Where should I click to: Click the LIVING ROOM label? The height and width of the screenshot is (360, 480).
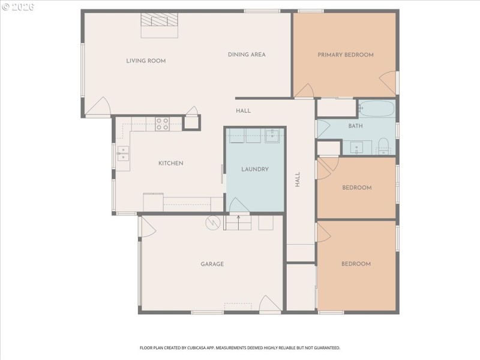(146, 61)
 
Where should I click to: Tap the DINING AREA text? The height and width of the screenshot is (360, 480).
(247, 55)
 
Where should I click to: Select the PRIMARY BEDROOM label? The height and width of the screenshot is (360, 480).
(346, 55)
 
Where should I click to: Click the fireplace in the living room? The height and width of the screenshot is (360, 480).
(159, 22)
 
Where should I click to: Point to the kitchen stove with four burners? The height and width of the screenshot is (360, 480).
(163, 124)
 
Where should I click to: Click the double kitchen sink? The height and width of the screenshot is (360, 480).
(123, 154)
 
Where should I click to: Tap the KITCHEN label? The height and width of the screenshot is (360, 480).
(170, 163)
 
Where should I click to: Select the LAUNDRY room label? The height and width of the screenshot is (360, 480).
(255, 169)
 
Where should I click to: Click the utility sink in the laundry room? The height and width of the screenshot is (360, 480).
(272, 136)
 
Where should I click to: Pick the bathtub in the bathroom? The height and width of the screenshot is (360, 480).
(376, 109)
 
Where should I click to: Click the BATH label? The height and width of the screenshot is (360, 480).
(356, 126)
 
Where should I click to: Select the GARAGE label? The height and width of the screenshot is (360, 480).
(212, 264)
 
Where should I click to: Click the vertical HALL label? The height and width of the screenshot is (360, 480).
(297, 179)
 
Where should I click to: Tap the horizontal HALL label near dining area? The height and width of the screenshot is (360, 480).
(243, 110)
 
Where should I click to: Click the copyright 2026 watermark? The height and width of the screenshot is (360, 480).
(18, 7)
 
